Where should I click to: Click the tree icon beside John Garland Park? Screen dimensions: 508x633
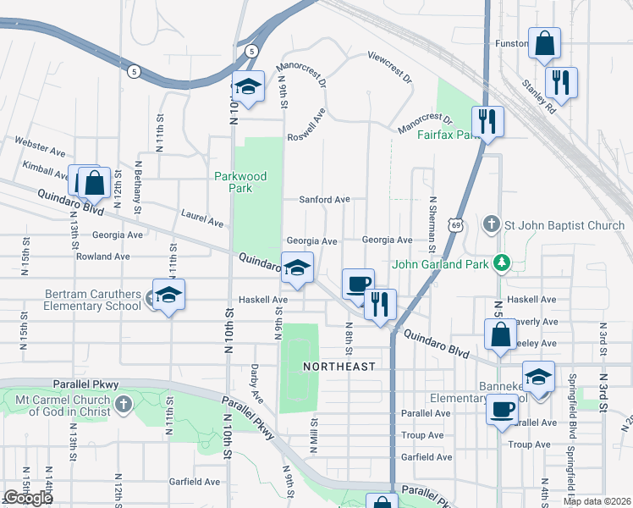503,263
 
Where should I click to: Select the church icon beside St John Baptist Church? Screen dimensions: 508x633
491,225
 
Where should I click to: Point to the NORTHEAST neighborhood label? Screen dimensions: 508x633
339,366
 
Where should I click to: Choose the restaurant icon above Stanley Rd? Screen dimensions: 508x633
559,82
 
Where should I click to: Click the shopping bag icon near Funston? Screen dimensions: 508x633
544,43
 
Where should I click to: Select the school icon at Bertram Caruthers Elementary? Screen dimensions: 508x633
168,295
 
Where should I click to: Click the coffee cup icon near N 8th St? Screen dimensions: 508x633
358,283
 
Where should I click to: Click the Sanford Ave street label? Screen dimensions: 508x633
324,200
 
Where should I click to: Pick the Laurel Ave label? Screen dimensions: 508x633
203,220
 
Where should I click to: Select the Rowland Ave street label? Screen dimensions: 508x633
102,256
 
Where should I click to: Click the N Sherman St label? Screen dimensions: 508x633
432,225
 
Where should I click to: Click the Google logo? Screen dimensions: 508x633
28,498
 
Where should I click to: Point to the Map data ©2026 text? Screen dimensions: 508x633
597,501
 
